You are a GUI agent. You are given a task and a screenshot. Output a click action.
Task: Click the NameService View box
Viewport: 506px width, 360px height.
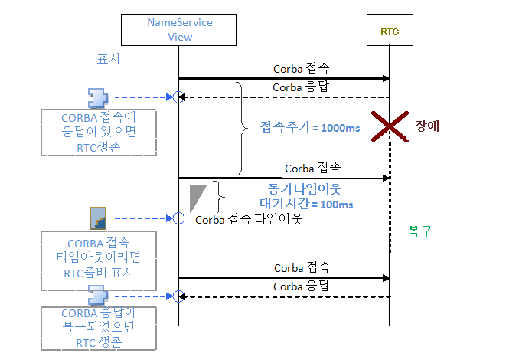(179, 29)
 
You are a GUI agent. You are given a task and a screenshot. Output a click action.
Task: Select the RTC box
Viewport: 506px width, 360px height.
(390, 32)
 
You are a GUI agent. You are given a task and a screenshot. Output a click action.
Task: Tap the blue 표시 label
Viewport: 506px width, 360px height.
(108, 58)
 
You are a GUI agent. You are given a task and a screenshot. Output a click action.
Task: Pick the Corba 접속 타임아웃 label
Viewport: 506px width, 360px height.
(249, 219)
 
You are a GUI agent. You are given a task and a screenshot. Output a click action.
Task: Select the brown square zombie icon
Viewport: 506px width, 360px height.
(97, 218)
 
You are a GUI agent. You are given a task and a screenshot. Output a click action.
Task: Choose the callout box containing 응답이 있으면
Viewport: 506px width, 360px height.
(100, 135)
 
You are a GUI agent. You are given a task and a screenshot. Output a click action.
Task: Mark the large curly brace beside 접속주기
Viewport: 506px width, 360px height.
(241, 128)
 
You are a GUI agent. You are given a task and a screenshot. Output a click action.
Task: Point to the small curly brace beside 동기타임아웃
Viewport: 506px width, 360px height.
(220, 197)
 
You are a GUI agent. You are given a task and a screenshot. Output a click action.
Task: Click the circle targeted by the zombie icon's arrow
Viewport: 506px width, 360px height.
(178, 218)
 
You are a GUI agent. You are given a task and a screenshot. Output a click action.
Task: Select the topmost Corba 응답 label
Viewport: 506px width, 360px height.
(301, 87)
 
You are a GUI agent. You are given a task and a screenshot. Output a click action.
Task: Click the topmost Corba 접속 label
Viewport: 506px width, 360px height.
(302, 68)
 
